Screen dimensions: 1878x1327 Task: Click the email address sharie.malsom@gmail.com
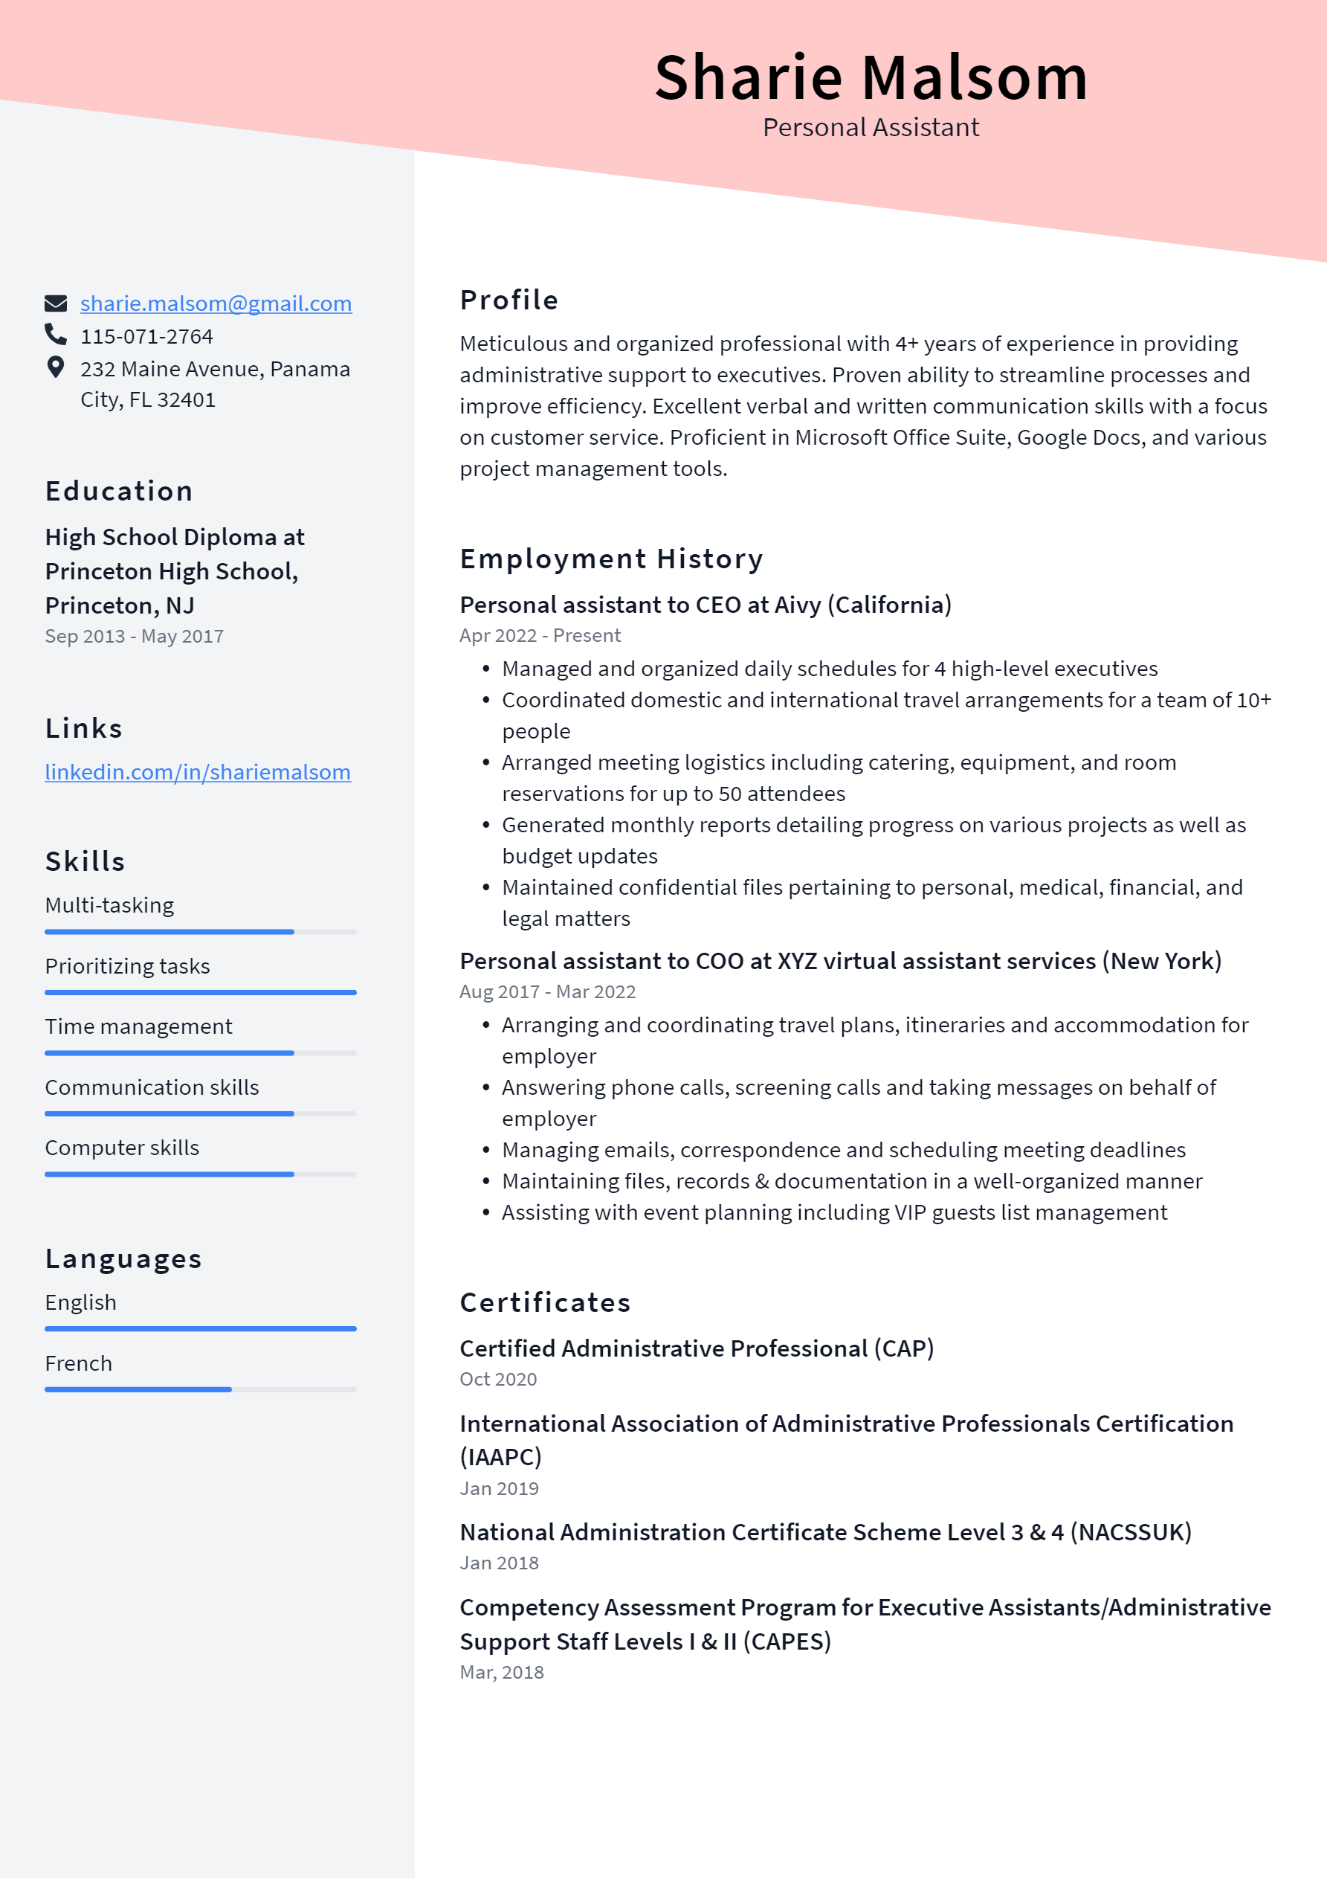216,303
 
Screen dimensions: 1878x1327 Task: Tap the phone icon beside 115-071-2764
56,334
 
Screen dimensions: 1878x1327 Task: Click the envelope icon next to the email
56,303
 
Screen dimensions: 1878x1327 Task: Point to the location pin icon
56,367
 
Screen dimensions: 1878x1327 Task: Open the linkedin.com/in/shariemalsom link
198,772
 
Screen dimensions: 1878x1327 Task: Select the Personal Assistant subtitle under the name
871,128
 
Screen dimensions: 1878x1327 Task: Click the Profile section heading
508,300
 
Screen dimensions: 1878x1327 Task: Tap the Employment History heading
611,559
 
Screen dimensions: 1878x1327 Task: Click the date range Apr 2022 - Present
540,635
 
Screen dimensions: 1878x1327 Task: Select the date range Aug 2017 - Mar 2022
547,991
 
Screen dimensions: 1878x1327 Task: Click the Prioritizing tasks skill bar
200,992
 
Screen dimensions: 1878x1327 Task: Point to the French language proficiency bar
200,1389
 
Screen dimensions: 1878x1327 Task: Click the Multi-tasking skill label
109,905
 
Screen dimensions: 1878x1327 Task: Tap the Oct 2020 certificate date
498,1379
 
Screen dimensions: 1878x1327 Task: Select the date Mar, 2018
501,1672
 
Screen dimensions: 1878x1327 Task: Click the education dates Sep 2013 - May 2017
134,637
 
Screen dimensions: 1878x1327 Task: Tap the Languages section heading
123,1258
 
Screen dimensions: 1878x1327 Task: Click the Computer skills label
122,1148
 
